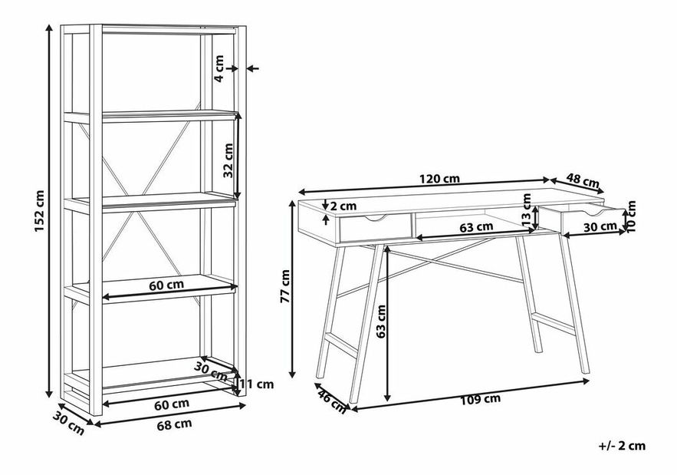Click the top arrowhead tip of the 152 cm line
point(49,25)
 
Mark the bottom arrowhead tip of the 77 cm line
point(293,378)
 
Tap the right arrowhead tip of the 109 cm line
point(590,381)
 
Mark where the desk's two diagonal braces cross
point(436,261)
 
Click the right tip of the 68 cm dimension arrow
point(246,404)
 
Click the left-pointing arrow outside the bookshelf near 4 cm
point(252,68)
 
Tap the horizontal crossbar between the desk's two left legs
point(341,345)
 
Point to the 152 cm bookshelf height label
point(39,210)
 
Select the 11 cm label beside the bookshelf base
point(257,384)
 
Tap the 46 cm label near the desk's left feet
point(331,401)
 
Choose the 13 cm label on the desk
point(526,209)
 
